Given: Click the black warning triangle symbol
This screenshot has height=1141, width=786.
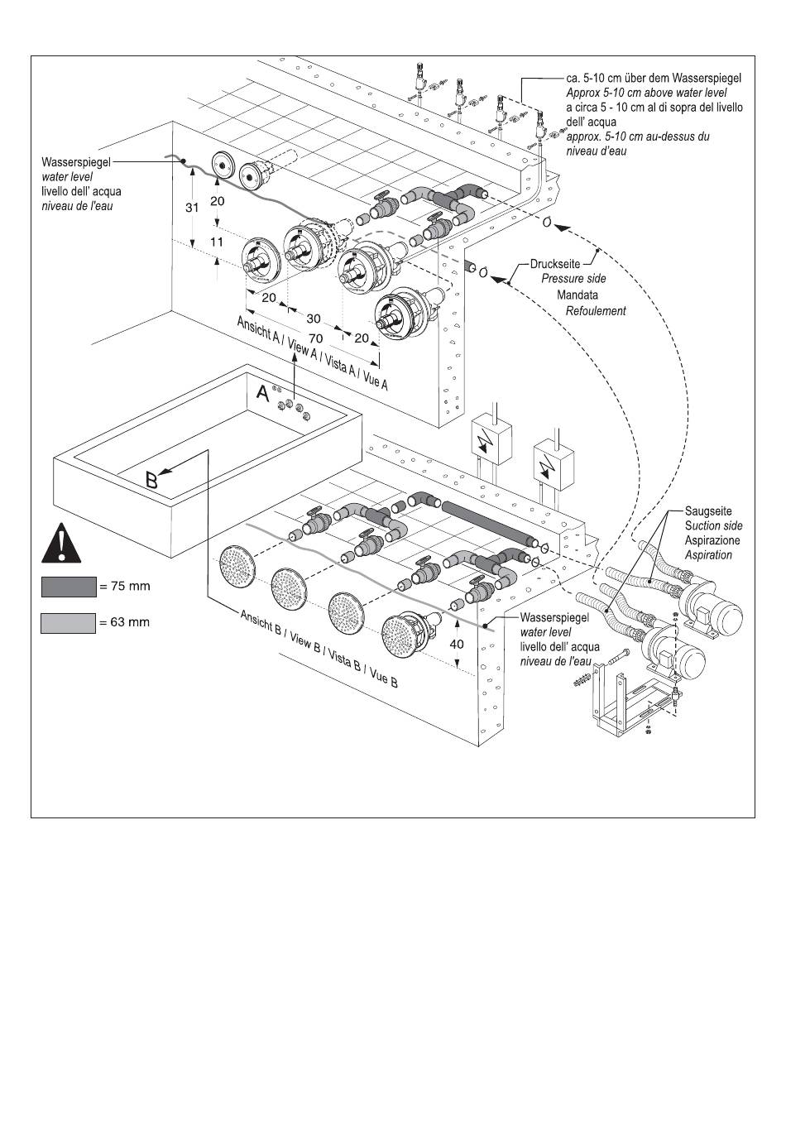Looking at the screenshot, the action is tap(61, 543).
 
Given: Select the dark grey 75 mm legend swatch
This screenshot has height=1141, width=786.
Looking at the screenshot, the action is tap(69, 587).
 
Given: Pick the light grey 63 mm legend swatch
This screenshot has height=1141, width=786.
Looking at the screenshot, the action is tap(69, 624).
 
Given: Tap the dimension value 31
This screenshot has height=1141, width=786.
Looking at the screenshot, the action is tap(192, 208).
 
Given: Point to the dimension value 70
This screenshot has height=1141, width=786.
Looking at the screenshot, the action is tap(315, 338).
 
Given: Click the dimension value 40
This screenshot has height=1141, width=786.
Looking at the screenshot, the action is tap(457, 644).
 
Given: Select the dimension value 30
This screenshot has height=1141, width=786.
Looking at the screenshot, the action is tap(314, 319).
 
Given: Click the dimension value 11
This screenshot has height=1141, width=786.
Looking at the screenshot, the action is tap(217, 242).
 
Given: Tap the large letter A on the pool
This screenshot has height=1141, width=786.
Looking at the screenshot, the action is tap(262, 393).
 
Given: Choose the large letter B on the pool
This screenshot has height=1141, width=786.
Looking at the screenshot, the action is tap(151, 480).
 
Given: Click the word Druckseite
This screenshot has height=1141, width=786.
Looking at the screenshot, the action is tap(555, 264).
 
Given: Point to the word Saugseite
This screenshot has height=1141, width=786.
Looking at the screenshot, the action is tap(708, 511).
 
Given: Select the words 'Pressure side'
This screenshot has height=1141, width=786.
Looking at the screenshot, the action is tap(573, 279).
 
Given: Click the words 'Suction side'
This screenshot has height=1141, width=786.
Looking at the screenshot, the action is tap(714, 525).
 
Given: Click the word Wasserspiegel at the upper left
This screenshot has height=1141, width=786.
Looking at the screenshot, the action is tap(76, 162).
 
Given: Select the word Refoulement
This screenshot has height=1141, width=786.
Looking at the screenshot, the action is tap(596, 311).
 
